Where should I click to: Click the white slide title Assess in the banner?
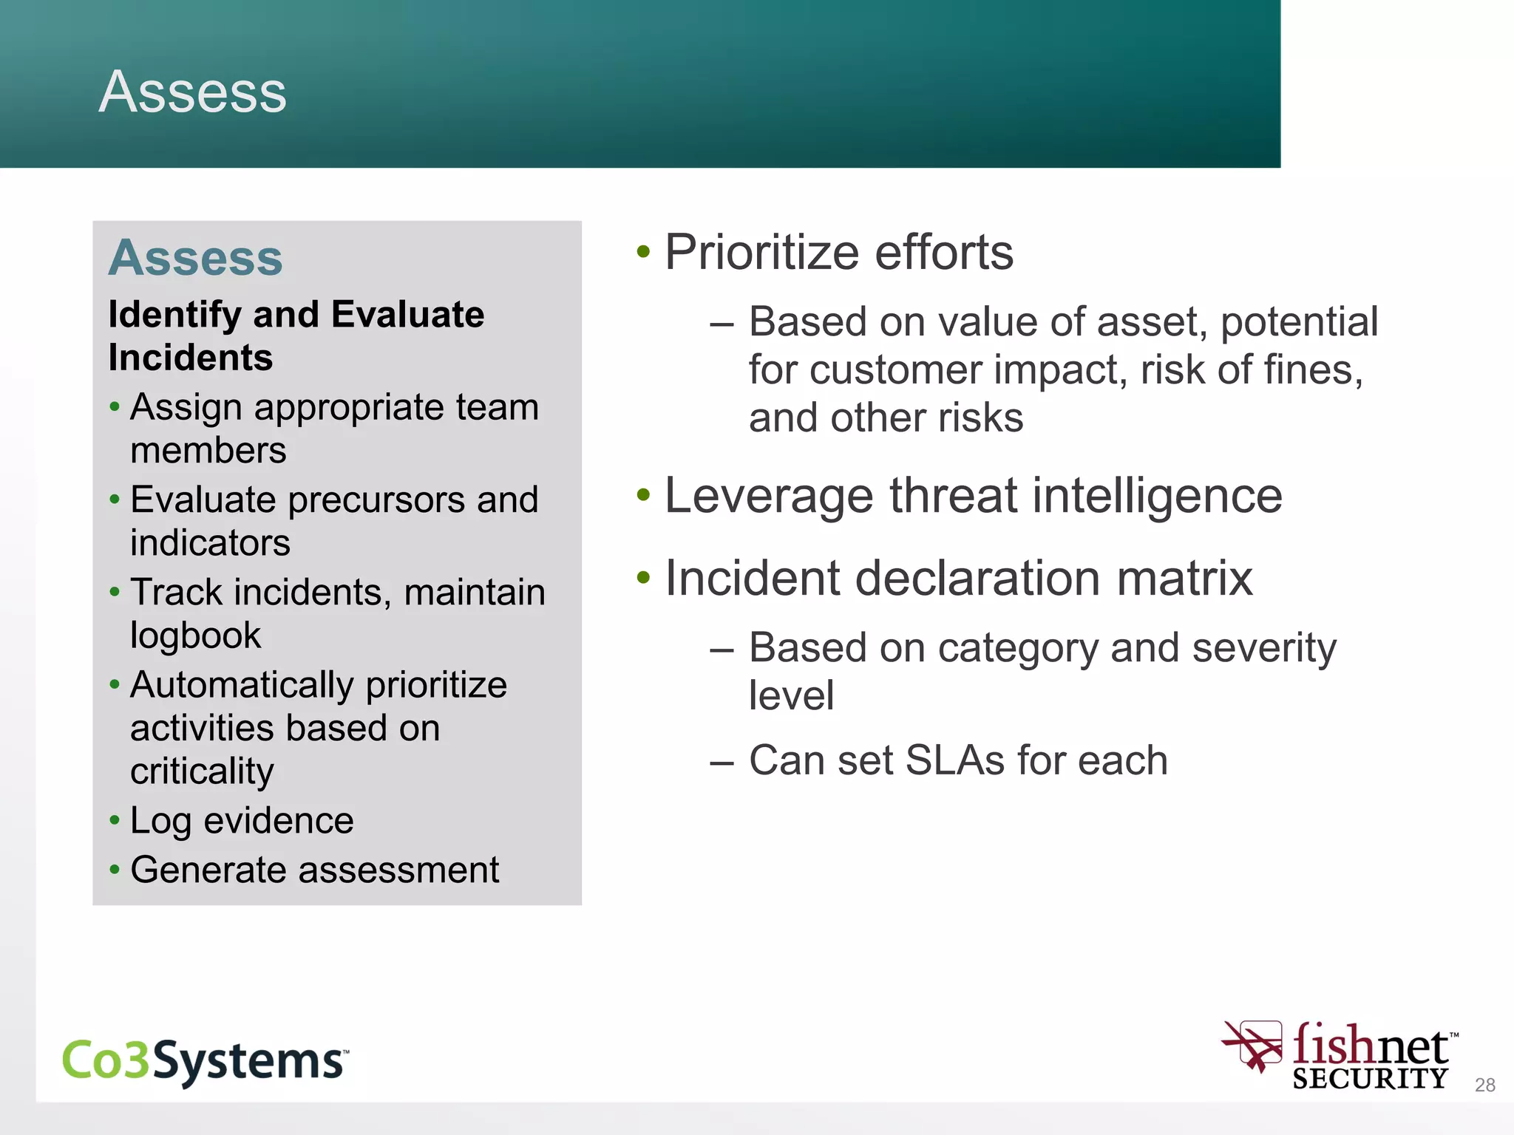tap(192, 92)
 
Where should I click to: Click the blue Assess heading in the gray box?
tap(196, 258)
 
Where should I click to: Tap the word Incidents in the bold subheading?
tap(191, 358)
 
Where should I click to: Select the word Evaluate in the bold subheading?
tap(407, 315)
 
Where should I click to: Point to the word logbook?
tap(195, 636)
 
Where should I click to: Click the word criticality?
tap(202, 772)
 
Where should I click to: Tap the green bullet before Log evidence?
tap(115, 820)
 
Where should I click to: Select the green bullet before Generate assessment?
tap(115, 870)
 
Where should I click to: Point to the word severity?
tap(1264, 649)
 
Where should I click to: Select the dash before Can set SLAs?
tap(721, 762)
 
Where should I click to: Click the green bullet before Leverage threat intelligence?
tap(643, 495)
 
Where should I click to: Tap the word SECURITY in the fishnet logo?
tap(1369, 1079)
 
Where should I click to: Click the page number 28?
tap(1484, 1085)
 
